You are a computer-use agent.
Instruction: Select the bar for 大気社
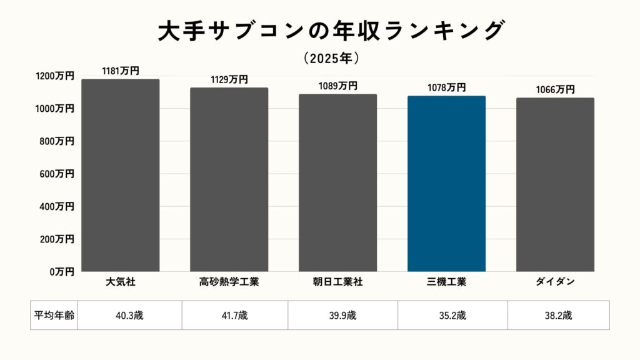tap(120, 175)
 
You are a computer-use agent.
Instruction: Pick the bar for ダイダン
tap(555, 184)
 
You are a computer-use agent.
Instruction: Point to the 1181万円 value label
tap(120, 71)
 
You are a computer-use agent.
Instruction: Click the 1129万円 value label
tap(229, 79)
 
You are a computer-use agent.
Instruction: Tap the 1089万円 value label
tap(337, 86)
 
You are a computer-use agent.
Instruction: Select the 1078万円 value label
tap(446, 88)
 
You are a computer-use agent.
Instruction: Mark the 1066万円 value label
tap(555, 90)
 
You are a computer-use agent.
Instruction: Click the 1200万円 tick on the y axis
tap(55, 76)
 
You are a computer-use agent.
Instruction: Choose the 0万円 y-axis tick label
tap(62, 272)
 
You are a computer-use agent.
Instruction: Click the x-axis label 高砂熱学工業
tap(229, 282)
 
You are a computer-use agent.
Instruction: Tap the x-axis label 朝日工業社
tap(337, 282)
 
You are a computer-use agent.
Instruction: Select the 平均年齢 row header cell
tap(54, 315)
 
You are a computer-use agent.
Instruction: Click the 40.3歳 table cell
tap(129, 315)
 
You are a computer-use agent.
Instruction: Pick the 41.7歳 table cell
tap(235, 315)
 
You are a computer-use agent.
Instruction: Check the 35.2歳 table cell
tap(452, 315)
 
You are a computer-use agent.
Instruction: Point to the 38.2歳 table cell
tap(558, 315)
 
